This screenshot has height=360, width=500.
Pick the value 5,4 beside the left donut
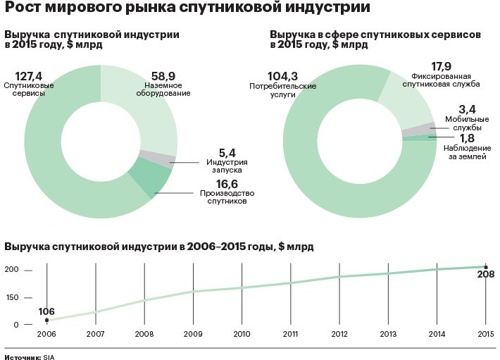pyautogui.click(x=227, y=152)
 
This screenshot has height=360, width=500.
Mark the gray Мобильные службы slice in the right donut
pyautogui.click(x=416, y=129)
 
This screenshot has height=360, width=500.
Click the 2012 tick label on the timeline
pyautogui.click(x=339, y=334)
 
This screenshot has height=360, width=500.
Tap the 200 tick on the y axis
pyautogui.click(x=11, y=271)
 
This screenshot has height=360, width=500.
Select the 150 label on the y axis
pyautogui.click(x=11, y=297)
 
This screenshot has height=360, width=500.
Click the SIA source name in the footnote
pyautogui.click(x=48, y=357)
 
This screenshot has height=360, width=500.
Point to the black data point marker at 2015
pyautogui.click(x=485, y=267)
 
